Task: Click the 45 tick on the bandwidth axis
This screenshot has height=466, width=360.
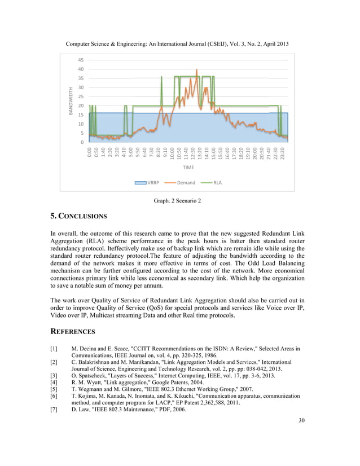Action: tap(81, 60)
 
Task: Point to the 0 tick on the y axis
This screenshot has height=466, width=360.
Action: tap(83, 142)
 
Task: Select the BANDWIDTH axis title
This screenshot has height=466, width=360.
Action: tap(71, 101)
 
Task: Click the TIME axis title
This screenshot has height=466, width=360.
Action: tap(188, 168)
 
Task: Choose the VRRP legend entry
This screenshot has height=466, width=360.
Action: tap(147, 183)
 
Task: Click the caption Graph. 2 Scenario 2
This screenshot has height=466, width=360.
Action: tap(178, 200)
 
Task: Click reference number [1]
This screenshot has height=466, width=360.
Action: tap(55, 350)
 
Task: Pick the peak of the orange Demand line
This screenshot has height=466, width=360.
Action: tap(197, 71)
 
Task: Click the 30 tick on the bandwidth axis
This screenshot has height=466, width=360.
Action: tap(81, 87)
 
